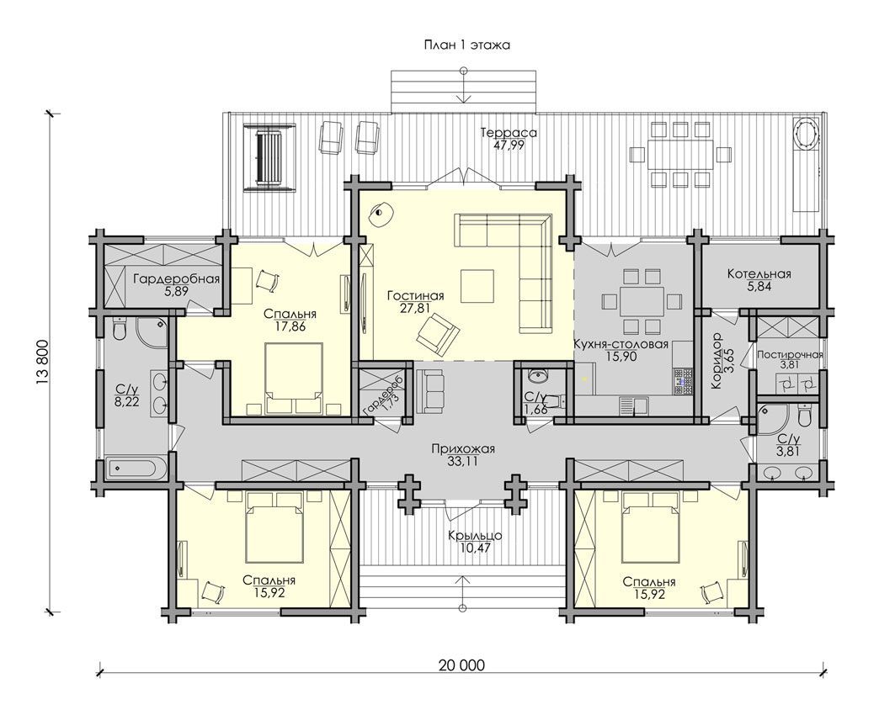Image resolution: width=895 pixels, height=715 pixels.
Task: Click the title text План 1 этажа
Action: pyautogui.click(x=466, y=45)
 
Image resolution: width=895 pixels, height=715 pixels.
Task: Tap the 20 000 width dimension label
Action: pyautogui.click(x=461, y=665)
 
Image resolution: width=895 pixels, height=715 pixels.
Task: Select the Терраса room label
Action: pyautogui.click(x=509, y=133)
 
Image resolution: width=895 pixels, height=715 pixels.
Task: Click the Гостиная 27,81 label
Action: pyautogui.click(x=415, y=302)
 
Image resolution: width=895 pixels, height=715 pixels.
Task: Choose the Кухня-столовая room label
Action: pyautogui.click(x=621, y=344)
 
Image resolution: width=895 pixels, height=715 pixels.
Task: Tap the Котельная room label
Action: pyautogui.click(x=759, y=273)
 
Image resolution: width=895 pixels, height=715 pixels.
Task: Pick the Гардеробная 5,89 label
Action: pyautogui.click(x=176, y=284)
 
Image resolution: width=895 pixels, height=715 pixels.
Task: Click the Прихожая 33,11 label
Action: pyautogui.click(x=463, y=455)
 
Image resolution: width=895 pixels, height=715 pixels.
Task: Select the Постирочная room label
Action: pyautogui.click(x=790, y=355)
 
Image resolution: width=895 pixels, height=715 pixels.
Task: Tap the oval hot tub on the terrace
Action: pyautogui.click(x=807, y=134)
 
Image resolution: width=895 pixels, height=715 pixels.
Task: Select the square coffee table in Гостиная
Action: pyautogui.click(x=477, y=286)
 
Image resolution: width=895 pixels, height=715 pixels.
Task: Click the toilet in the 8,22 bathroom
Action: pyautogui.click(x=120, y=329)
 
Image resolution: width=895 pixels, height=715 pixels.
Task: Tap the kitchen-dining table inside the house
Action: pyautogui.click(x=642, y=300)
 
